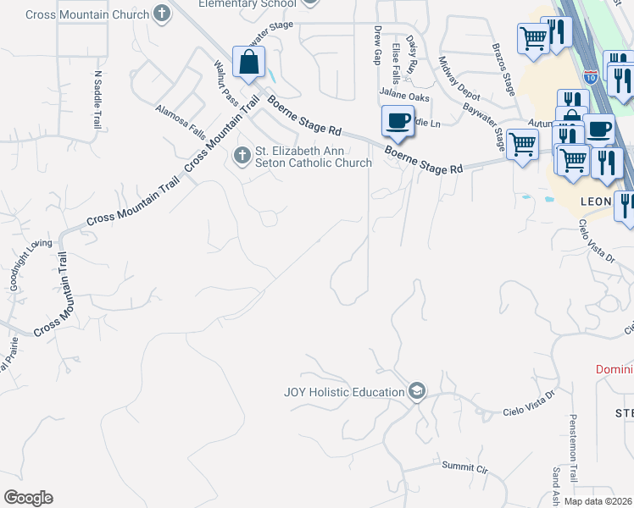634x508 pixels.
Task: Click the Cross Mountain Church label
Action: [x=87, y=14]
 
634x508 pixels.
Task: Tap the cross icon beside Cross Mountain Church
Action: [x=162, y=14]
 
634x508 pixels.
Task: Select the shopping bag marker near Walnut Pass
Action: [x=249, y=62]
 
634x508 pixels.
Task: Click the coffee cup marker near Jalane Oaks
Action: [x=398, y=120]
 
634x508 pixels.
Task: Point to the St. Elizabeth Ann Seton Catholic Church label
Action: [x=314, y=157]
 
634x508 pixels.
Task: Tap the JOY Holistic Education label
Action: [x=343, y=392]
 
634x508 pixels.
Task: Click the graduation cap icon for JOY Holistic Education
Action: [x=417, y=391]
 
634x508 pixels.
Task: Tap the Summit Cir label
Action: [x=465, y=467]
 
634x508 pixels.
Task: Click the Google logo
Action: [x=28, y=498]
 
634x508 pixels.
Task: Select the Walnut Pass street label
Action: [x=225, y=81]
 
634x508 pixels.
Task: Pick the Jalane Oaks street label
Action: [x=405, y=97]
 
